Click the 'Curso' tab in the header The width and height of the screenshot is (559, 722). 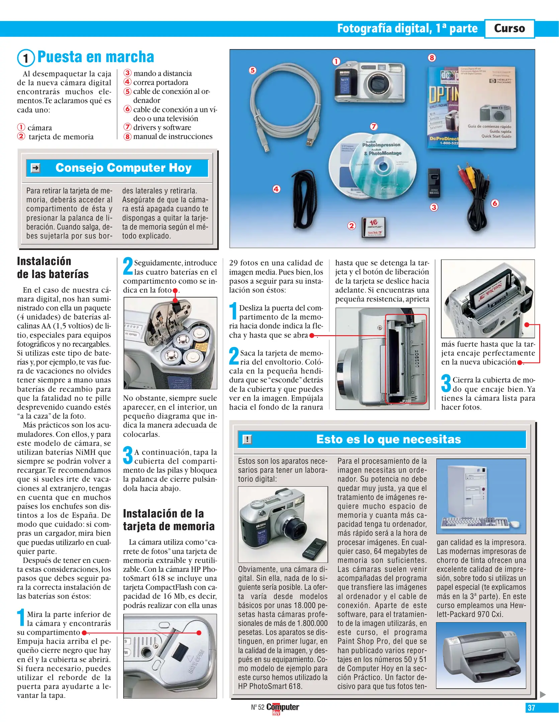[509, 28]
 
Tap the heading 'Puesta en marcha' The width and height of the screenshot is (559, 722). [95, 57]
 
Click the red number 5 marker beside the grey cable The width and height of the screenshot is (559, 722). [253, 70]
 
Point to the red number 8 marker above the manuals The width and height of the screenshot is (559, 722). [432, 58]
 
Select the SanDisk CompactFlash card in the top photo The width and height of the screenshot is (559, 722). [374, 228]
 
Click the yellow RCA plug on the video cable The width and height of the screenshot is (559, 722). [471, 174]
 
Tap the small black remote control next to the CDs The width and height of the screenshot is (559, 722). [434, 182]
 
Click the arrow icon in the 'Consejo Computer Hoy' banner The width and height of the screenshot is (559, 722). [35, 168]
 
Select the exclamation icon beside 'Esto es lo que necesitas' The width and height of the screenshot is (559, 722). [247, 439]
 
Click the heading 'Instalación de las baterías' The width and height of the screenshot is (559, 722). [53, 268]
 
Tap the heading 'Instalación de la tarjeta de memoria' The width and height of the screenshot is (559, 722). [169, 520]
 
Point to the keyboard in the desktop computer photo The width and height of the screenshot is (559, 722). [475, 522]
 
